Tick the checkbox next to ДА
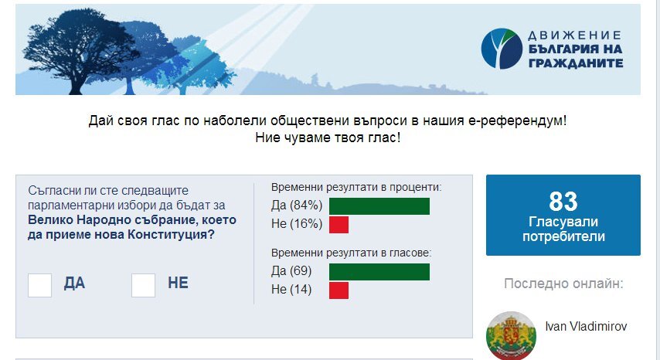tap(39, 285)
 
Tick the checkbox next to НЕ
tap(143, 285)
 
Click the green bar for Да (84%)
tap(379, 206)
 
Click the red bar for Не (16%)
tap(339, 225)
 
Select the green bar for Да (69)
tap(379, 272)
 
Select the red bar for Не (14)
tap(339, 290)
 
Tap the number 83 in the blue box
tap(563, 202)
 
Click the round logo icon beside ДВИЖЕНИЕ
tap(502, 49)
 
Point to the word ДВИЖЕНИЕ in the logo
tap(574, 36)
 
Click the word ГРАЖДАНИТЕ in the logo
tap(576, 63)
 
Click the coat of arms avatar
tap(511, 335)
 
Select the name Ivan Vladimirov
tap(586, 326)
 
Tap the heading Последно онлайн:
tap(563, 284)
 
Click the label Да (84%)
tap(297, 205)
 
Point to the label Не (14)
tap(291, 290)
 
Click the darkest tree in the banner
tap(80, 50)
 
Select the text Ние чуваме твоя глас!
tap(328, 138)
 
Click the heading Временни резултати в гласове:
tap(352, 253)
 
